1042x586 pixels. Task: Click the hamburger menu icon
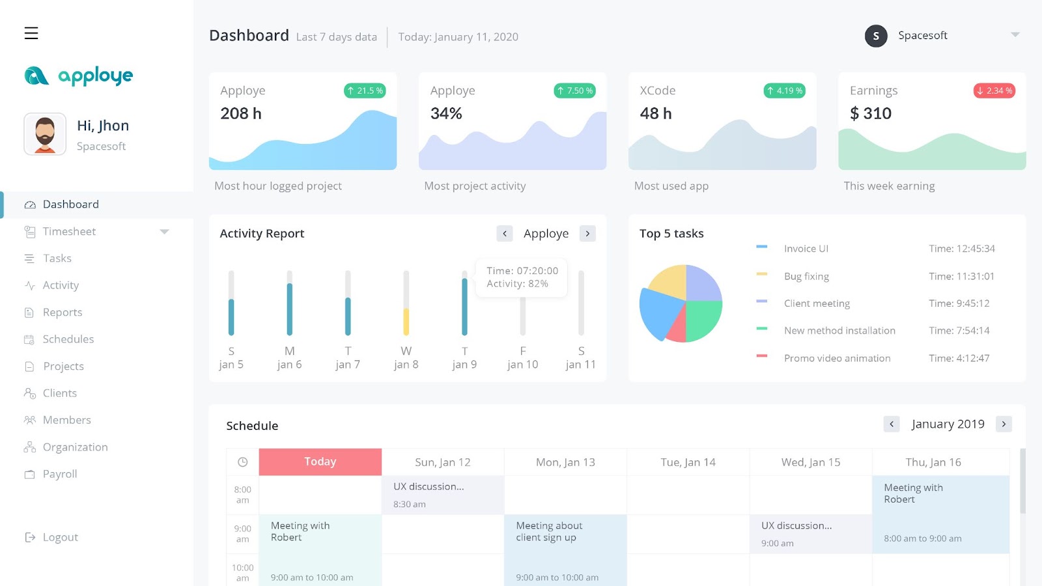coord(31,33)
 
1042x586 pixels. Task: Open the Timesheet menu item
coord(69,231)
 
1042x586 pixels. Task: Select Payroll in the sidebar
coord(59,474)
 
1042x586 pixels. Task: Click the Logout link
coord(59,537)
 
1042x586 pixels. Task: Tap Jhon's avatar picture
coord(45,134)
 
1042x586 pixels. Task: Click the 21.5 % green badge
coord(365,91)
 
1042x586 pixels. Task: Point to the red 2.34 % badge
coord(994,91)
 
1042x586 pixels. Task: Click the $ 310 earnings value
coord(871,113)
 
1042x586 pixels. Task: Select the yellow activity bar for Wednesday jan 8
coord(406,322)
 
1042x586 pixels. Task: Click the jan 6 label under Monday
coord(289,365)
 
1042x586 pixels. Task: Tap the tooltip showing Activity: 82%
coord(521,277)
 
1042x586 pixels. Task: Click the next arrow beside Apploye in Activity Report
coord(587,233)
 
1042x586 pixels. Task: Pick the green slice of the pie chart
coord(703,319)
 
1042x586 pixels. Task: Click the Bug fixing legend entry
coord(806,276)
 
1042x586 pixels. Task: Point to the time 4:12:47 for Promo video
coord(959,358)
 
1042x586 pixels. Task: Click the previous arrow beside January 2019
coord(892,424)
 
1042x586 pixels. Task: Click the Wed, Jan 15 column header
coord(811,462)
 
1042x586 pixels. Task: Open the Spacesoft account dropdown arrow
coord(1015,35)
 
